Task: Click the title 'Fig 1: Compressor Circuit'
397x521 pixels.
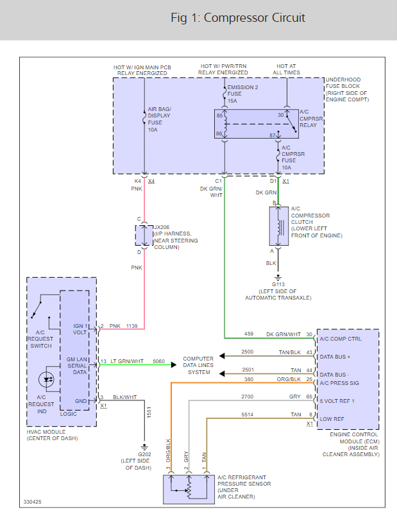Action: tap(238, 18)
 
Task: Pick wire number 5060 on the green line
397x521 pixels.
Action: tap(158, 362)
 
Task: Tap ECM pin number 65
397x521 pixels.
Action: tap(309, 397)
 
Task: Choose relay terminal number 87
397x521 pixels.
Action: tap(273, 135)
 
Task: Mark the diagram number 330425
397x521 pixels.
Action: tap(16, 501)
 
